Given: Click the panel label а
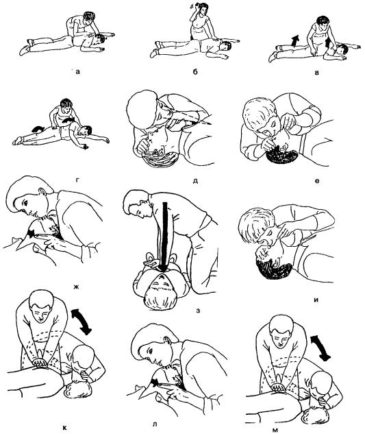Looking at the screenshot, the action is click(x=78, y=73).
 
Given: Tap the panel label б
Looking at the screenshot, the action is click(x=195, y=72).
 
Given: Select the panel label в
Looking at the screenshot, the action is click(x=317, y=73).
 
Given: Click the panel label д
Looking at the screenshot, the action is click(x=195, y=182).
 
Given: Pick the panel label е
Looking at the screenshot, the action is click(x=317, y=181).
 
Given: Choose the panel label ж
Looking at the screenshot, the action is click(x=76, y=287).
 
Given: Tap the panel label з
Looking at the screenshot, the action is click(x=198, y=311).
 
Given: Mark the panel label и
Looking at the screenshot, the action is click(x=316, y=300).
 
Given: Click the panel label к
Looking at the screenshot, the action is click(x=64, y=428).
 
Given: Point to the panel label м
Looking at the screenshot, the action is click(x=275, y=430).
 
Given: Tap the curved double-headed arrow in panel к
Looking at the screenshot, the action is click(x=81, y=322).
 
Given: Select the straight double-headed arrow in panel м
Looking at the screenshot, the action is click(x=320, y=348).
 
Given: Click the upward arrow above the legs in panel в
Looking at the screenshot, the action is click(x=296, y=40).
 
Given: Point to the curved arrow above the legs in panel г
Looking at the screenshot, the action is click(x=38, y=129).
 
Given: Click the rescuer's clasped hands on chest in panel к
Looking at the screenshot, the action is click(x=40, y=362).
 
